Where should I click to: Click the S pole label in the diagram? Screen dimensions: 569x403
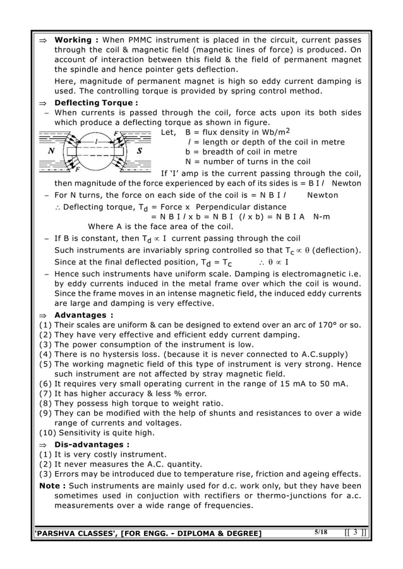(138, 151)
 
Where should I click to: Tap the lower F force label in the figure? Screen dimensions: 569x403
(77, 170)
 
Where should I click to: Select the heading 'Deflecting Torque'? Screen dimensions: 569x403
(95, 103)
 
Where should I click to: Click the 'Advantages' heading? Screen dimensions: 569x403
(81, 315)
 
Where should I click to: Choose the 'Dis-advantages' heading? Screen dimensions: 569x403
(89, 444)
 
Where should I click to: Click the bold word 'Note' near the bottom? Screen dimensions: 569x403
(49, 486)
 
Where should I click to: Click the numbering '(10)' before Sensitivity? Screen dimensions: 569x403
(47, 433)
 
